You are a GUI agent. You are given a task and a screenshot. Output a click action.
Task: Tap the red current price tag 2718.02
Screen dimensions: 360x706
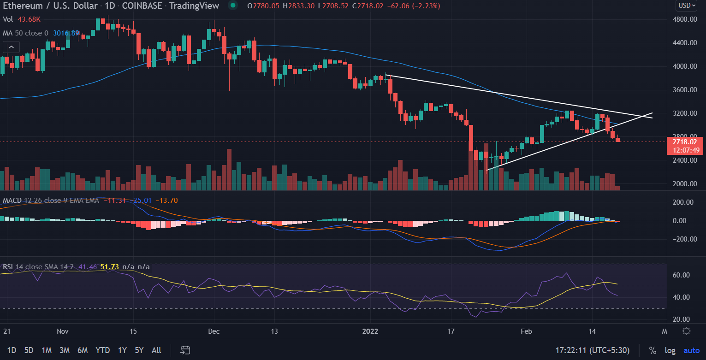[x=685, y=142]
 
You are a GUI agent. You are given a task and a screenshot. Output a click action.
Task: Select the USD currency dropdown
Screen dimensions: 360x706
[x=688, y=6]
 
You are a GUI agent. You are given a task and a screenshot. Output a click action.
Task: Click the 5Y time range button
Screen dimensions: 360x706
[x=139, y=350]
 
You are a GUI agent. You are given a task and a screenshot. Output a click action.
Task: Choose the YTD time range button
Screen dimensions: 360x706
[x=102, y=350]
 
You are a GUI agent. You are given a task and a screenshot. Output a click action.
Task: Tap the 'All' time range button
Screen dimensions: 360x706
[x=156, y=350]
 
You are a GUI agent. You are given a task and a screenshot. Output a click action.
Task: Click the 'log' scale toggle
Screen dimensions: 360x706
[x=670, y=351]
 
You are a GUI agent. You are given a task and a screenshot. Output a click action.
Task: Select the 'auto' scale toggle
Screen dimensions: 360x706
[x=691, y=351]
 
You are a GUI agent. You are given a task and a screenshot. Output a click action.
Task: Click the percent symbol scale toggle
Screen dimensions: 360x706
[x=653, y=351]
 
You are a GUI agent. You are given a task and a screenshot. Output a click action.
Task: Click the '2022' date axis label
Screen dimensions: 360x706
[x=370, y=331]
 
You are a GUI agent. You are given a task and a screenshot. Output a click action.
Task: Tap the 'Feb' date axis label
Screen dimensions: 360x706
[x=526, y=331]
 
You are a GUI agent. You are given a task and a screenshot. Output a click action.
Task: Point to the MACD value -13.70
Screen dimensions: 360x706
[x=166, y=201]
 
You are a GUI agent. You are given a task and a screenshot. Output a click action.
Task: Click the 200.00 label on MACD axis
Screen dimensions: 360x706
[x=683, y=202]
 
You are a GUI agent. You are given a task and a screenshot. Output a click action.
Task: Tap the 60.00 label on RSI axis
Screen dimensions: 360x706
[x=681, y=275]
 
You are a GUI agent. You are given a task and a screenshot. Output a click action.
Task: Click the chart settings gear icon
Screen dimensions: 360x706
[x=686, y=331]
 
